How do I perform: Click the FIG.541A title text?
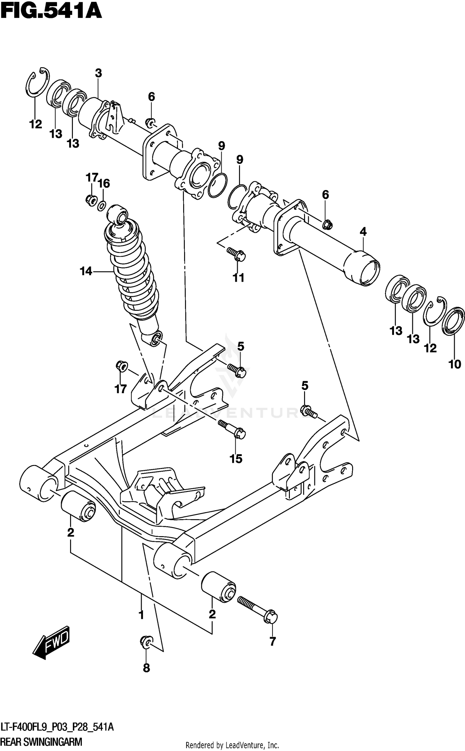pyautogui.click(x=51, y=12)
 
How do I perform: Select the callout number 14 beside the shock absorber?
pyautogui.click(x=86, y=271)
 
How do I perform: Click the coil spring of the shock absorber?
pyautogui.click(x=132, y=272)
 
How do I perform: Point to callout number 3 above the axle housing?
pyautogui.click(x=98, y=73)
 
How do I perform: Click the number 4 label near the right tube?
pyautogui.click(x=363, y=231)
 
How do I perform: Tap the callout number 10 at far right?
pyautogui.click(x=455, y=365)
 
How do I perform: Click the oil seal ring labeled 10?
pyautogui.click(x=454, y=321)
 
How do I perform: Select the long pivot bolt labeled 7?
pyautogui.click(x=257, y=610)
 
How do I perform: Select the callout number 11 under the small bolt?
pyautogui.click(x=239, y=278)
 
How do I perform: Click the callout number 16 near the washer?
pyautogui.click(x=104, y=184)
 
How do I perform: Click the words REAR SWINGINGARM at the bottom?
pyautogui.click(x=41, y=742)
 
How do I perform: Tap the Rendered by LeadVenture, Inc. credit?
pyautogui.click(x=232, y=745)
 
